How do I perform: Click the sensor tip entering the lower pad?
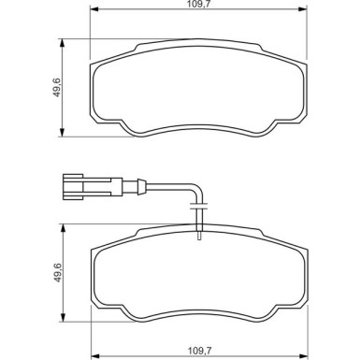198,236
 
